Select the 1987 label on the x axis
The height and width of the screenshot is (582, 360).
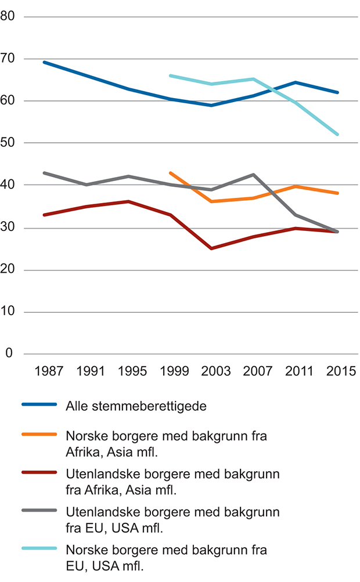coord(44,371)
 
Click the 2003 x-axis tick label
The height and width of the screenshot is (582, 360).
coord(211,371)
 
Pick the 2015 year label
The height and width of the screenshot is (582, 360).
coord(337,371)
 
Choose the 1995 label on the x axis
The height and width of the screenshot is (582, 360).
coord(128,371)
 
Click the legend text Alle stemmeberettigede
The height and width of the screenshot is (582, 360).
coord(136,406)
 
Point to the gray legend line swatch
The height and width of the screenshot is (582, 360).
coord(39,511)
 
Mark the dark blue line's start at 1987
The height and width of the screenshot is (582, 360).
coord(44,62)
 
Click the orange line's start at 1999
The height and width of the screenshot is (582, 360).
coord(170,173)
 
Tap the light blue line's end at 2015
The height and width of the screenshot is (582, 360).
coord(338,134)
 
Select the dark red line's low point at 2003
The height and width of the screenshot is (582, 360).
coord(211,248)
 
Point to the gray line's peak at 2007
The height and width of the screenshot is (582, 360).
coord(254,174)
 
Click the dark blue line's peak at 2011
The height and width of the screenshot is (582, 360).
coord(296,82)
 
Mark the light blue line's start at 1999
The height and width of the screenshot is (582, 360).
coord(170,75)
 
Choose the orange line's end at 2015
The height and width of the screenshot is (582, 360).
coord(338,193)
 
